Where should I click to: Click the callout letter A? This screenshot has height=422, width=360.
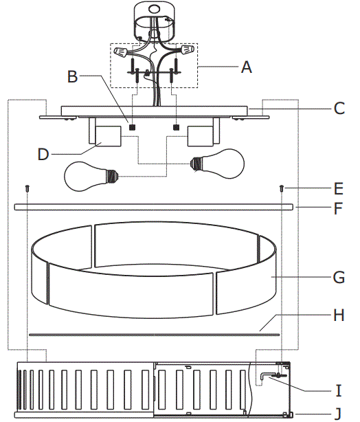(247, 67)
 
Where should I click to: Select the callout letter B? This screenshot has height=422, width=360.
(72, 76)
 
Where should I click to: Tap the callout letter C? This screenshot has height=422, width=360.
(339, 108)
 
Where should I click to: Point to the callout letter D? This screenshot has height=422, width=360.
(44, 154)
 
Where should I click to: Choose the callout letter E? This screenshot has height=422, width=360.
(338, 187)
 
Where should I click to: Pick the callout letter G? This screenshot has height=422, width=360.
(338, 278)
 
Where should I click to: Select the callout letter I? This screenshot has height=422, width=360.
(338, 391)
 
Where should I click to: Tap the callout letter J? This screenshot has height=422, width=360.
(338, 413)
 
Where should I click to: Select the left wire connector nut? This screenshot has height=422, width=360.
(123, 52)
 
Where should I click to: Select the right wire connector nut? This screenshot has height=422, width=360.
(184, 51)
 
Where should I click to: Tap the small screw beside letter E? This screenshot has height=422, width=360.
(282, 188)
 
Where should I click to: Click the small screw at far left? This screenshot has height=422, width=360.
(26, 188)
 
